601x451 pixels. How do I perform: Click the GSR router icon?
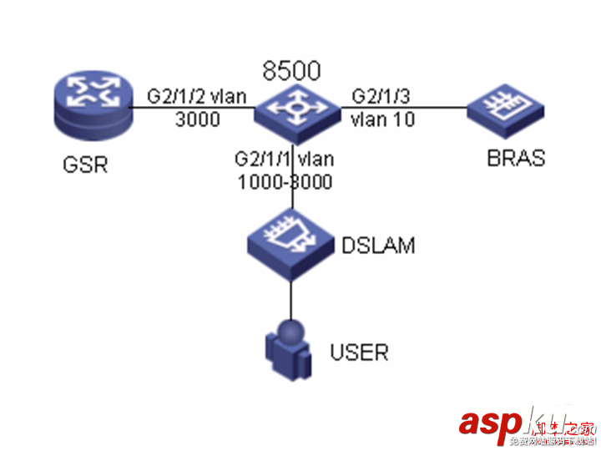point(90,108)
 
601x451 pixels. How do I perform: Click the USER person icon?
point(288,351)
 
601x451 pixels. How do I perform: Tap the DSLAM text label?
point(379,246)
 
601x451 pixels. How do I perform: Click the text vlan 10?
point(383,119)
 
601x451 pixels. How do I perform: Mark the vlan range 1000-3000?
point(285,181)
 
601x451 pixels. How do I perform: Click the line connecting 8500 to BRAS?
point(434,107)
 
